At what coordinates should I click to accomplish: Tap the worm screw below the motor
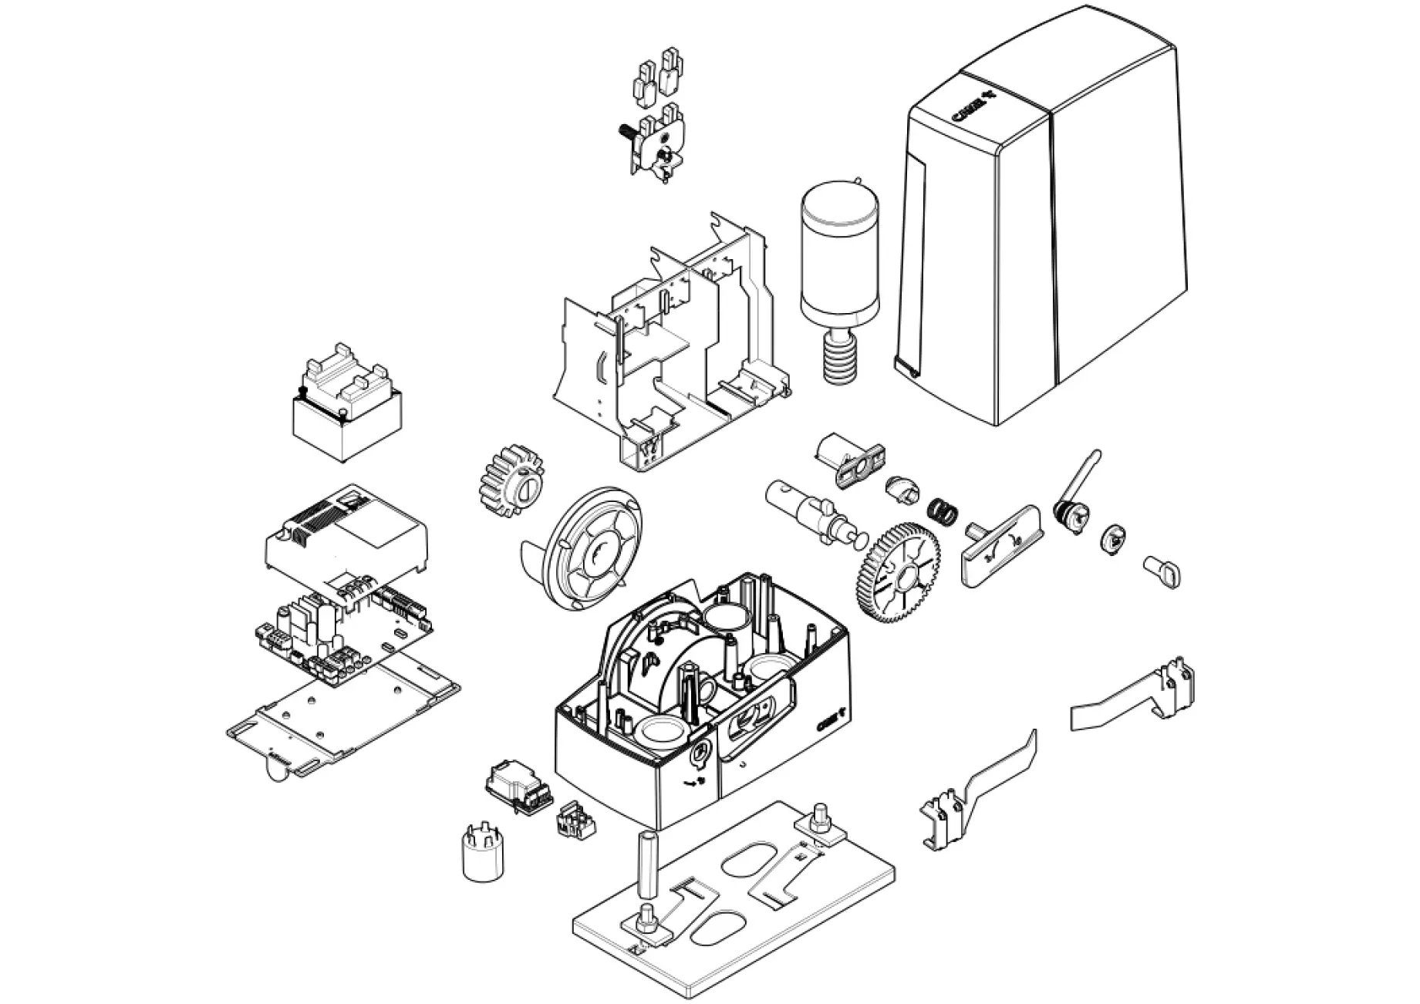pos(838,355)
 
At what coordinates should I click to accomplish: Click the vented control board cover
pos(346,536)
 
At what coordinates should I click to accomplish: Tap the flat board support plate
pos(343,717)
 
